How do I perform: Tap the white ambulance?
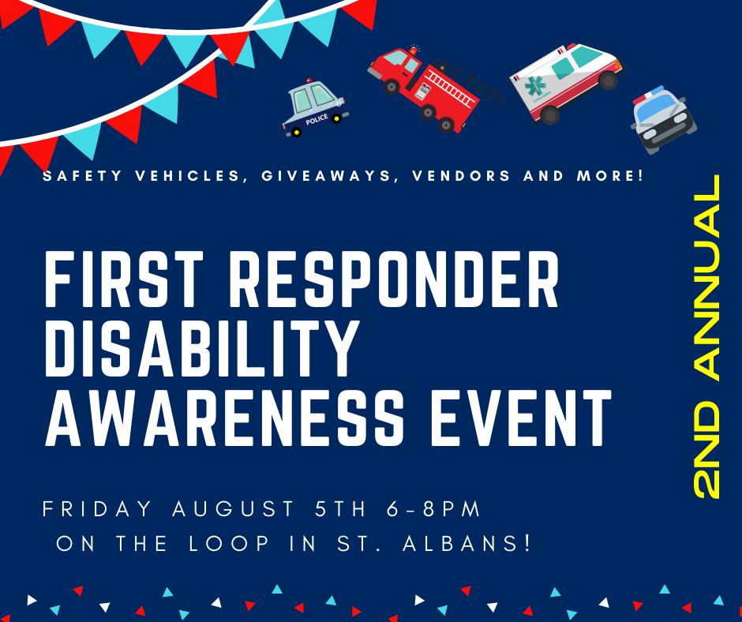point(565,82)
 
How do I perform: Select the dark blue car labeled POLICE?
point(315,108)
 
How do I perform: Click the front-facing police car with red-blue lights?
point(663,119)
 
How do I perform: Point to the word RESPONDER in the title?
point(394,279)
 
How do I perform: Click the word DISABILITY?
point(200,348)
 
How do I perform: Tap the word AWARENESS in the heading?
point(225,418)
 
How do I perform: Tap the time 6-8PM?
point(433,509)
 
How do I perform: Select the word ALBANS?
point(467,543)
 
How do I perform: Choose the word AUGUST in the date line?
point(234,509)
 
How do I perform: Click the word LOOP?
point(229,543)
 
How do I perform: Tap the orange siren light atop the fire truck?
point(414,50)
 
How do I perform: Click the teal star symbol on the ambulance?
point(535,86)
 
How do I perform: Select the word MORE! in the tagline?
point(610,176)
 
